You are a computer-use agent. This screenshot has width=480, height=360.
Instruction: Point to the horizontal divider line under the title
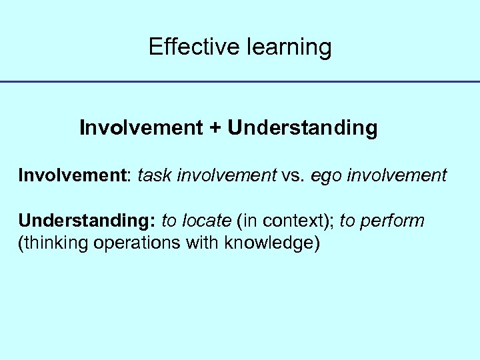(240, 82)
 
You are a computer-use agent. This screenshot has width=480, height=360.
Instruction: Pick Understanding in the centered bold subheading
(302, 128)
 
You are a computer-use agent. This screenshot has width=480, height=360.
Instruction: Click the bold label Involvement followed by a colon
(74, 175)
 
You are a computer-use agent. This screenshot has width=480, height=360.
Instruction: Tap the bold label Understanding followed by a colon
(87, 221)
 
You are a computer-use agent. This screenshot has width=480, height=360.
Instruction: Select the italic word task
(154, 175)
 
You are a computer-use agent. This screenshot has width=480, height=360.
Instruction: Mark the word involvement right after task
(227, 175)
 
